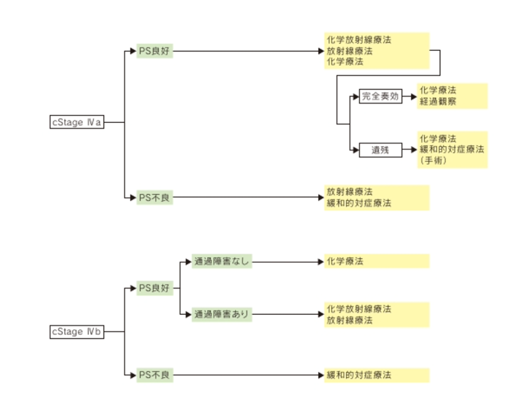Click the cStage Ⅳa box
pos(77,122)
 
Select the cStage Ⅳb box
pos(77,332)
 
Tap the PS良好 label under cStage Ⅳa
pos(154,51)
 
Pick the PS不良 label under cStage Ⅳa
pos(154,198)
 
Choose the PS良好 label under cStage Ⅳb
pos(154,289)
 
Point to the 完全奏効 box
pos(380,97)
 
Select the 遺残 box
pos(380,151)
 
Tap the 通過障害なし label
pos(221,261)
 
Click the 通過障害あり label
pos(221,314)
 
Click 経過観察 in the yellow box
pos(439,101)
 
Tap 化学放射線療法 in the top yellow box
pos(358,40)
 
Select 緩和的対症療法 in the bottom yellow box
pos(358,375)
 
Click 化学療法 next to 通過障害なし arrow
pos(344,261)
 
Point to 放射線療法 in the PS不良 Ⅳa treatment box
pos(349,192)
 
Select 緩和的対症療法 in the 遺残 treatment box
pos(452,149)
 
